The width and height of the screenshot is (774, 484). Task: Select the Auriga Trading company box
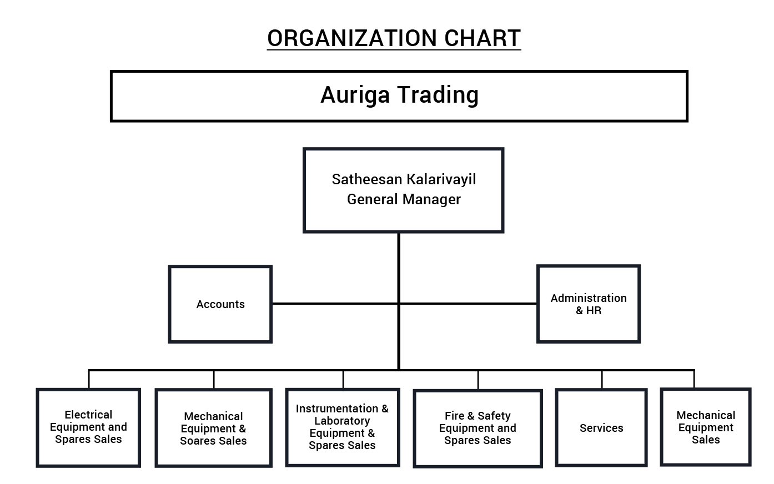(399, 97)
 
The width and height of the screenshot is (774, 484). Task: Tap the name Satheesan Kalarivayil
(404, 179)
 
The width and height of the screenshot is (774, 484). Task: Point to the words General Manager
(404, 199)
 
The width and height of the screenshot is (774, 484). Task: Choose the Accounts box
(220, 304)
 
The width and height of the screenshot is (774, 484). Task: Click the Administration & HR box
(589, 304)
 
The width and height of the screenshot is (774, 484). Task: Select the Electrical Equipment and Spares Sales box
(88, 428)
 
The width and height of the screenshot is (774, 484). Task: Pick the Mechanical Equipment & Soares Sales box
(214, 428)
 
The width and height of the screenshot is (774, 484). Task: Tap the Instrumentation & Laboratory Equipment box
(343, 428)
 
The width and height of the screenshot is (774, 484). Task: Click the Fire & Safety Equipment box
(478, 428)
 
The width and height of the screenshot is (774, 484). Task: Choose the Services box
(601, 428)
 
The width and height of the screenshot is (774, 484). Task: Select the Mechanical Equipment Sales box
(706, 427)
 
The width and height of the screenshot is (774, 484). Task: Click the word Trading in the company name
(438, 95)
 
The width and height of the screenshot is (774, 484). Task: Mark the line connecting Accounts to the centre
(335, 304)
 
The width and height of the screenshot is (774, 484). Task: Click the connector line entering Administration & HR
(468, 304)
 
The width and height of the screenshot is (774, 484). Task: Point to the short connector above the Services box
(602, 380)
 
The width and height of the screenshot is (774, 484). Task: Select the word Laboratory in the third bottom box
(342, 421)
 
